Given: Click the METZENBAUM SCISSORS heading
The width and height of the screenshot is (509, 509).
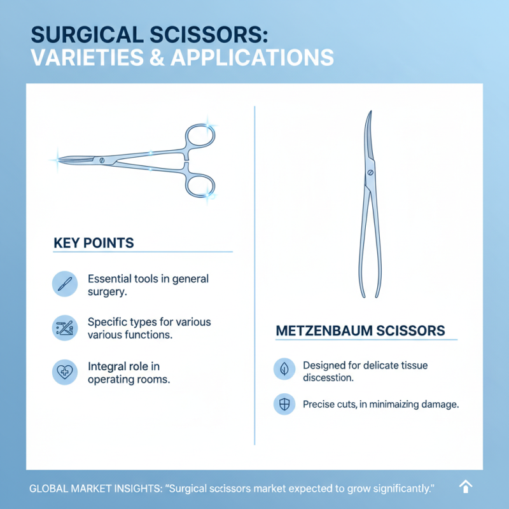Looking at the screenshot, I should click(x=359, y=331).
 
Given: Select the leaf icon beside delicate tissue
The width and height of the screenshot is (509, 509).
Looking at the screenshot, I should click(x=284, y=369).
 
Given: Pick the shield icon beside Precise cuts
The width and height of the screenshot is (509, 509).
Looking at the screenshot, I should click(x=284, y=404).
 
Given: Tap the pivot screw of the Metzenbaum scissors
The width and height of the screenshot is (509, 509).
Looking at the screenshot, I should click(x=370, y=172).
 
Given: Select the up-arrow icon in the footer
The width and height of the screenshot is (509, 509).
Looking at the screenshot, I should click(x=466, y=487).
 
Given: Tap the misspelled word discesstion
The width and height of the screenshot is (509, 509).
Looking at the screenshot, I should click(x=328, y=378).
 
